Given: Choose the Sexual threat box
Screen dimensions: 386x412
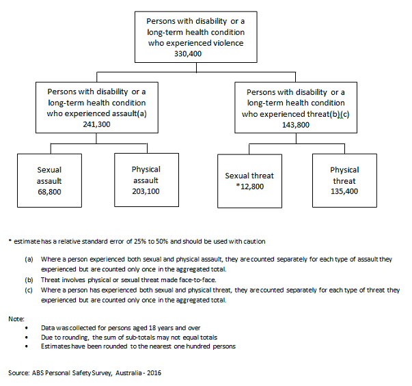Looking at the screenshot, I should coord(249,180).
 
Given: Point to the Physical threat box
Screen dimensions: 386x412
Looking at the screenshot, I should coord(344,180).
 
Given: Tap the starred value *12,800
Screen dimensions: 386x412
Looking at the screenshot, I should coord(249,187).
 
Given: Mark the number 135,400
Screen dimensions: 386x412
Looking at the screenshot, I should coord(344,193).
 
